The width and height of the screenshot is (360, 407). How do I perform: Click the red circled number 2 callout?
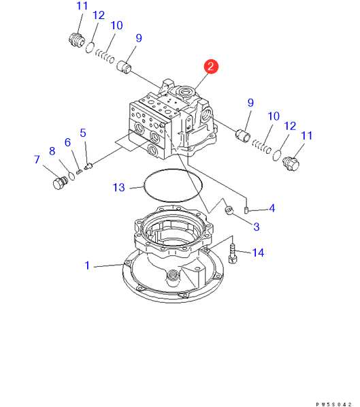211,67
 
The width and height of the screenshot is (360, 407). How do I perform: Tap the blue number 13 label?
119,187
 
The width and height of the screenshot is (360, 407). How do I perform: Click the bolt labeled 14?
232,254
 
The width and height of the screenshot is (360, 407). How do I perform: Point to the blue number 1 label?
87,265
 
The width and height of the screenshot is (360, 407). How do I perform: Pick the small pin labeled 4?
246,210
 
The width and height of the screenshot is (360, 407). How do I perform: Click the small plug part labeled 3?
229,210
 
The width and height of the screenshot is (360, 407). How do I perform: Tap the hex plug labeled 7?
60,183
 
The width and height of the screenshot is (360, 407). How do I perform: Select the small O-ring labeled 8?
71,176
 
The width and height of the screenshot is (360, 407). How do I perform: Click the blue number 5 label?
83,133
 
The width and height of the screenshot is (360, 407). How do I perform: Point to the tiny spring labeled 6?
80,172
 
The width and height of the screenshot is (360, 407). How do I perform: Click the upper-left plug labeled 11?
77,40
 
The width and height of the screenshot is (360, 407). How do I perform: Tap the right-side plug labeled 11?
291,163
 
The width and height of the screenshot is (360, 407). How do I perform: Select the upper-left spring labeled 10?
105,56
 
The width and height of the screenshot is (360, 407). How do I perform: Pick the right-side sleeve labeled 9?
243,135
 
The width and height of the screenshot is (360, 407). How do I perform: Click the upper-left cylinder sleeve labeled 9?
124,66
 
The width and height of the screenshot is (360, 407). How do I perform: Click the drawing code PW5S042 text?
333,404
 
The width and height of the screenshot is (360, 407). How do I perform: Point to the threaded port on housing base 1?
173,276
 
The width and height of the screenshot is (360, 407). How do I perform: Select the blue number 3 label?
257,227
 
